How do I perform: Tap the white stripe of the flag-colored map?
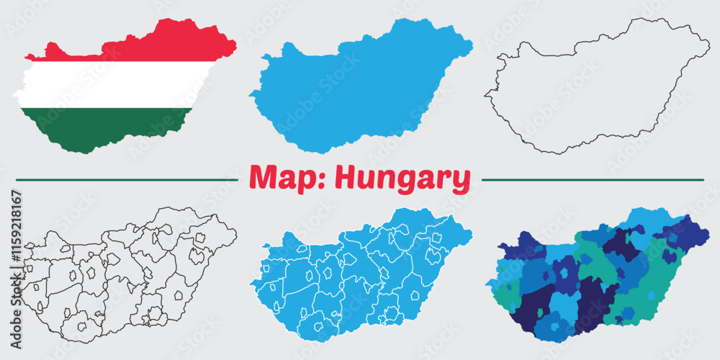click(x=115, y=85)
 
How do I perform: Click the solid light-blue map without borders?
click(x=360, y=86)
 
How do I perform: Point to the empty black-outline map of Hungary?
click(x=598, y=86)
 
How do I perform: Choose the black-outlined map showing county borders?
click(x=130, y=274)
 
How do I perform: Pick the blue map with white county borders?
click(x=360, y=274)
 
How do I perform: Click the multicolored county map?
click(x=598, y=274)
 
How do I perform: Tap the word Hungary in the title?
click(x=404, y=179)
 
